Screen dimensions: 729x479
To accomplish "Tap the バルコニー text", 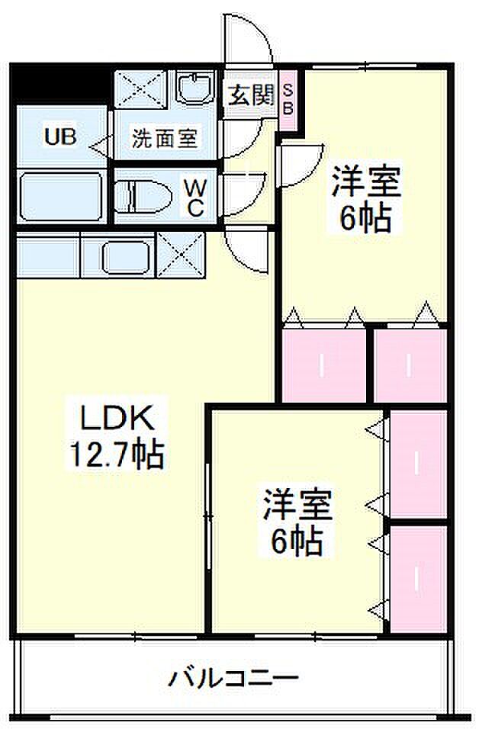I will pyautogui.click(x=234, y=677).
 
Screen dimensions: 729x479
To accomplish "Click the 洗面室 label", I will pyautogui.click(x=165, y=139).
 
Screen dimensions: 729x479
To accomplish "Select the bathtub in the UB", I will pyautogui.click(x=60, y=198).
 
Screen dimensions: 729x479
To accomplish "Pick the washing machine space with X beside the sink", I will pyautogui.click(x=142, y=90).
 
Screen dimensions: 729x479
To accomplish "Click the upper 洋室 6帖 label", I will pyautogui.click(x=365, y=200).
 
